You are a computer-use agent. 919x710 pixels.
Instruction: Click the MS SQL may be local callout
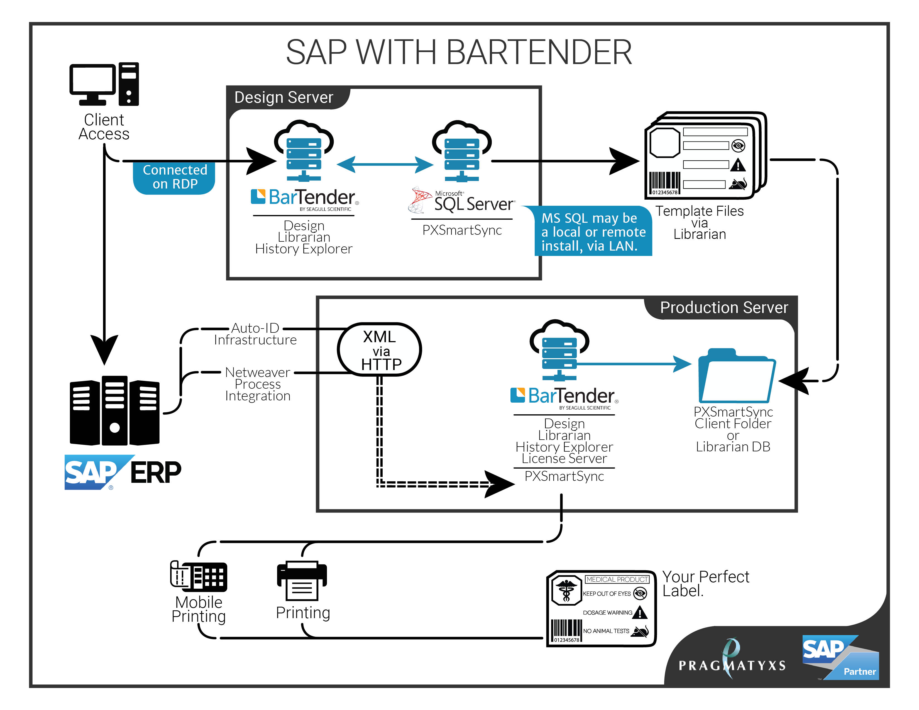coord(593,232)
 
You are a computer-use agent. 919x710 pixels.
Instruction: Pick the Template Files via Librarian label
coord(699,222)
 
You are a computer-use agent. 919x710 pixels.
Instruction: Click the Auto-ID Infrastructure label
coord(255,334)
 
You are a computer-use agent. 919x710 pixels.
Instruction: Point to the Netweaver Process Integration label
coord(258,384)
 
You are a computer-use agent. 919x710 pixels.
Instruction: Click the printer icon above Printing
coord(302,581)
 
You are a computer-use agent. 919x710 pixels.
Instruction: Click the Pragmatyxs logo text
coord(732,665)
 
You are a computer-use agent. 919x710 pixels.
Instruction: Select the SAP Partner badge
coord(840,657)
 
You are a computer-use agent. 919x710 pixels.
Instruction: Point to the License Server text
coord(564,459)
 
